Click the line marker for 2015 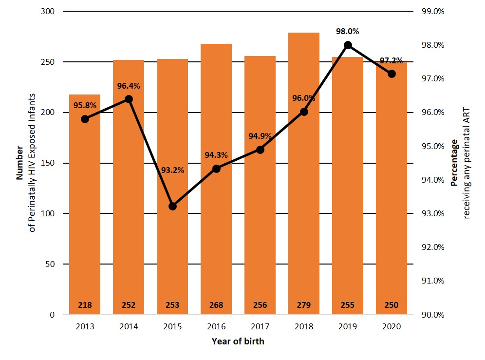tap(172, 206)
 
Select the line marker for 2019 tap(348, 45)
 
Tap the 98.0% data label tap(348, 32)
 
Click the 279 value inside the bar tap(304, 305)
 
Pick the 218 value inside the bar tap(85, 305)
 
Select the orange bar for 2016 tap(216, 195)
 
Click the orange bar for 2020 tap(392, 205)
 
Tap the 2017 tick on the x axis tap(260, 327)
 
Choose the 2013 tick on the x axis tap(85, 327)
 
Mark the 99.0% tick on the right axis tap(433, 11)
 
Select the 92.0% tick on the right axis tap(433, 247)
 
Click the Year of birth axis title tap(238, 341)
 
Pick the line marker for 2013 tap(85, 119)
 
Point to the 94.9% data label tap(260, 136)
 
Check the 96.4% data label tap(129, 86)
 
